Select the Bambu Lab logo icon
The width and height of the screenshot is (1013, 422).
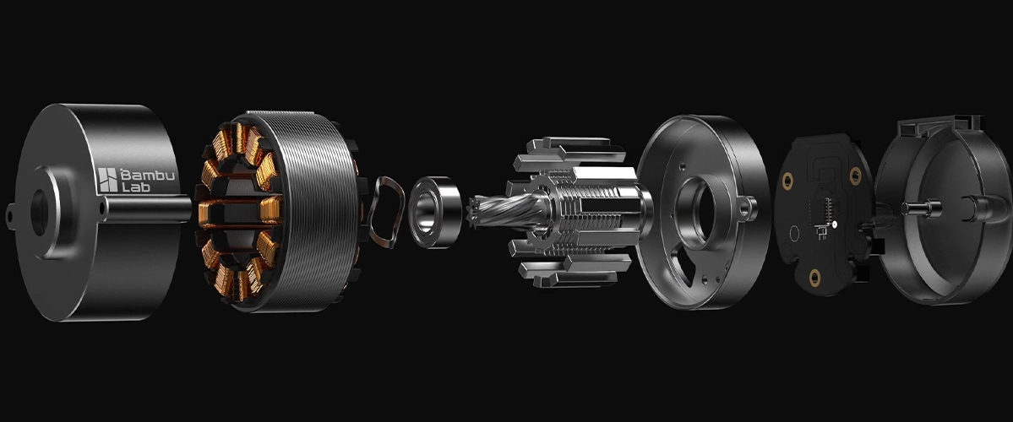[x=107, y=180]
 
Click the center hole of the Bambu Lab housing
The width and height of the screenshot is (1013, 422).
[x=39, y=212]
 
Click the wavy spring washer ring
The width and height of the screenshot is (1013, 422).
[x=386, y=213]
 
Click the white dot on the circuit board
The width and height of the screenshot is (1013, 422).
[x=835, y=225]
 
